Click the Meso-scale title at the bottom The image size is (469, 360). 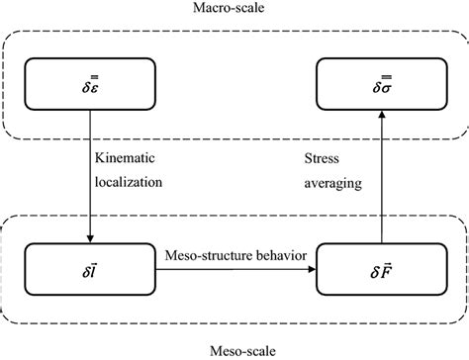click(x=234, y=349)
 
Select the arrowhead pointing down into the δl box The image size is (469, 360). click(x=90, y=238)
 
